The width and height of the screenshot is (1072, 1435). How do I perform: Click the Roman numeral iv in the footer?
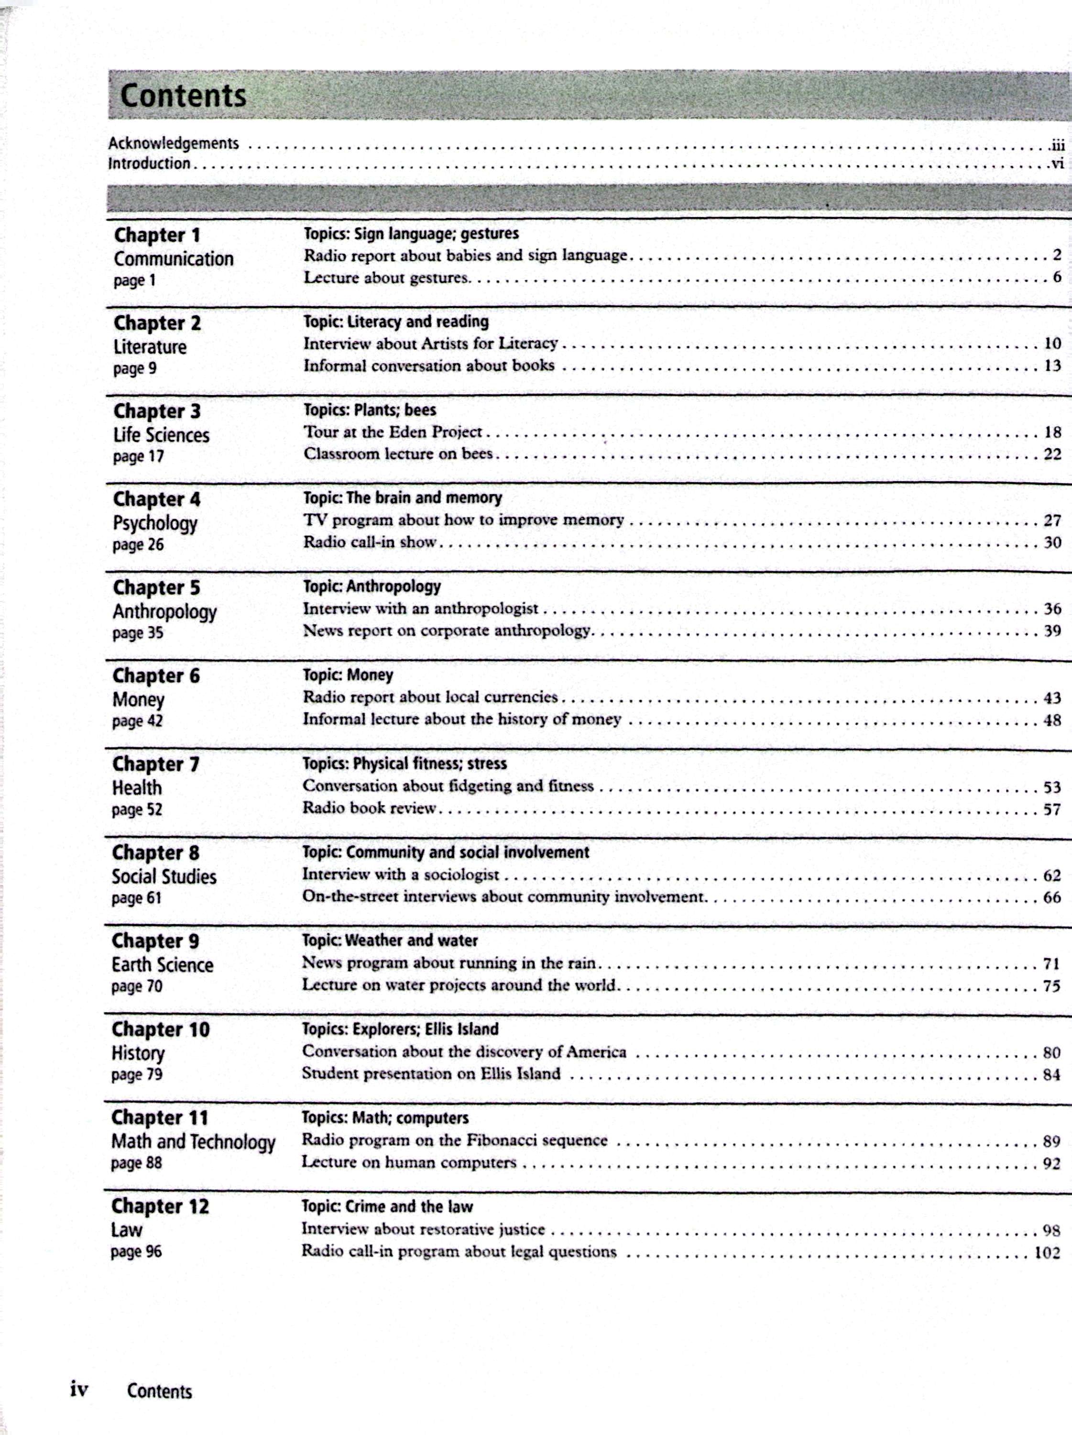[79, 1389]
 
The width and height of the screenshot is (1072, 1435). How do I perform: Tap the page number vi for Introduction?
[1057, 164]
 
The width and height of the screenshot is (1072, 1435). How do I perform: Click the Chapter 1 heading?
[157, 235]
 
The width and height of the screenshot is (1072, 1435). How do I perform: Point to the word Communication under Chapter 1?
[173, 259]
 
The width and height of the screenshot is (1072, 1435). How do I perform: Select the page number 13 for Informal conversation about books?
[1052, 366]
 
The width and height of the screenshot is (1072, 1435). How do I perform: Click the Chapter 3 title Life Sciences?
[161, 435]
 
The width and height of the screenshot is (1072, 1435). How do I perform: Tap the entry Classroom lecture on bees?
[398, 453]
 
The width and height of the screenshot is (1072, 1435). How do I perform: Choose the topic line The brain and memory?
[403, 497]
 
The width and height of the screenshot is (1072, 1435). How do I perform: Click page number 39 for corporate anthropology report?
[1052, 630]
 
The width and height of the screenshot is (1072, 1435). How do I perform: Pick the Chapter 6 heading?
[156, 675]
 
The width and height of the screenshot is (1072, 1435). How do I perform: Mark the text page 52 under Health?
[137, 810]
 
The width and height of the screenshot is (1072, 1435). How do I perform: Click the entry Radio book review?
[370, 808]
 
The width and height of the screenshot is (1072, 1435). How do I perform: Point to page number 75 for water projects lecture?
[1051, 986]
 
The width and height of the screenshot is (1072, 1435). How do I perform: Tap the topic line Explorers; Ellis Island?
[400, 1029]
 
